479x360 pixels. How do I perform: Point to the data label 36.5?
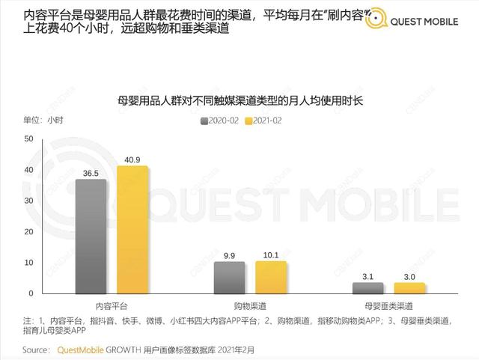coord(91,172)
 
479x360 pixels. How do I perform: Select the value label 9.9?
coord(229,255)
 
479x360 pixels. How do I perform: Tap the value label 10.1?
coord(271,254)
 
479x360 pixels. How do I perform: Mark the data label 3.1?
coord(368,276)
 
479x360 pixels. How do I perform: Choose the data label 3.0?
coord(410,276)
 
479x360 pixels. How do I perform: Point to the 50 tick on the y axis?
coord(28,139)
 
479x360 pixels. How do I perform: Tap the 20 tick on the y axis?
coord(28,232)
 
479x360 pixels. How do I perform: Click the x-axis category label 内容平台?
coord(112,307)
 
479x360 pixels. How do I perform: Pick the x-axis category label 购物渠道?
coord(250,307)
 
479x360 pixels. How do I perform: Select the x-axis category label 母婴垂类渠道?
coord(388,307)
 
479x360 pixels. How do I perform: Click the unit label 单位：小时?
coord(43,120)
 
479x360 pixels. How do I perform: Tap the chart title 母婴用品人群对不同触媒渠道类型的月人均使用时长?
coord(240,100)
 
